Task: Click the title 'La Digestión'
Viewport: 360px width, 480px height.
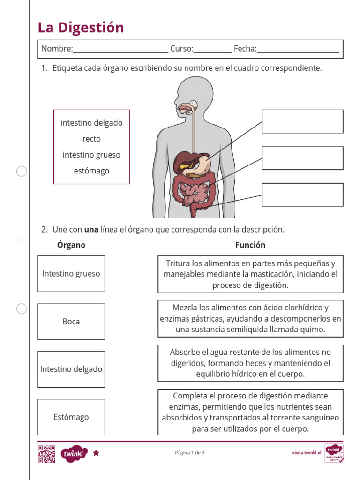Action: coord(81,28)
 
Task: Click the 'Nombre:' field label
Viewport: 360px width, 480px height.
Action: coord(57,49)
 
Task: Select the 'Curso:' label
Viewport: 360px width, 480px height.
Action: coord(181,49)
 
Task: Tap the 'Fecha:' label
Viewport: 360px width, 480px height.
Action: coord(245,49)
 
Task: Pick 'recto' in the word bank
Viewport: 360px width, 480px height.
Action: coord(91,139)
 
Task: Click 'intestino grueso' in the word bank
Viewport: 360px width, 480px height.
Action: coord(91,155)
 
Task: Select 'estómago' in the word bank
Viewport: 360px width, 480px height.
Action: coord(91,171)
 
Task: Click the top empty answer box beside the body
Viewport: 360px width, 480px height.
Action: coord(302,121)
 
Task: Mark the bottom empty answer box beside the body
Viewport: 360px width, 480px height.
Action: coord(302,195)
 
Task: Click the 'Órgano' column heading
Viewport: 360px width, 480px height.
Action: coord(71,245)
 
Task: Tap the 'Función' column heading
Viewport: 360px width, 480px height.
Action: coord(250,245)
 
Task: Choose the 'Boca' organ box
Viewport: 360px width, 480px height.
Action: coord(71,322)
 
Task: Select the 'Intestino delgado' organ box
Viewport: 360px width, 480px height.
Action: coord(71,369)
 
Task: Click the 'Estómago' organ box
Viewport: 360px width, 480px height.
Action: coord(71,417)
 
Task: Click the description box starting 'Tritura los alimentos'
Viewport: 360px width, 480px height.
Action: coord(250,274)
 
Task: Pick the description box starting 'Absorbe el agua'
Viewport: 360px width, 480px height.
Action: coord(250,363)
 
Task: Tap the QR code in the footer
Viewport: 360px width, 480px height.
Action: coord(46,454)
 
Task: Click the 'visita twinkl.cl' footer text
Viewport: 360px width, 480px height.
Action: coord(307,453)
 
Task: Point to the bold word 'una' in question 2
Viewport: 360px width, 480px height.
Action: coord(91,230)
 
